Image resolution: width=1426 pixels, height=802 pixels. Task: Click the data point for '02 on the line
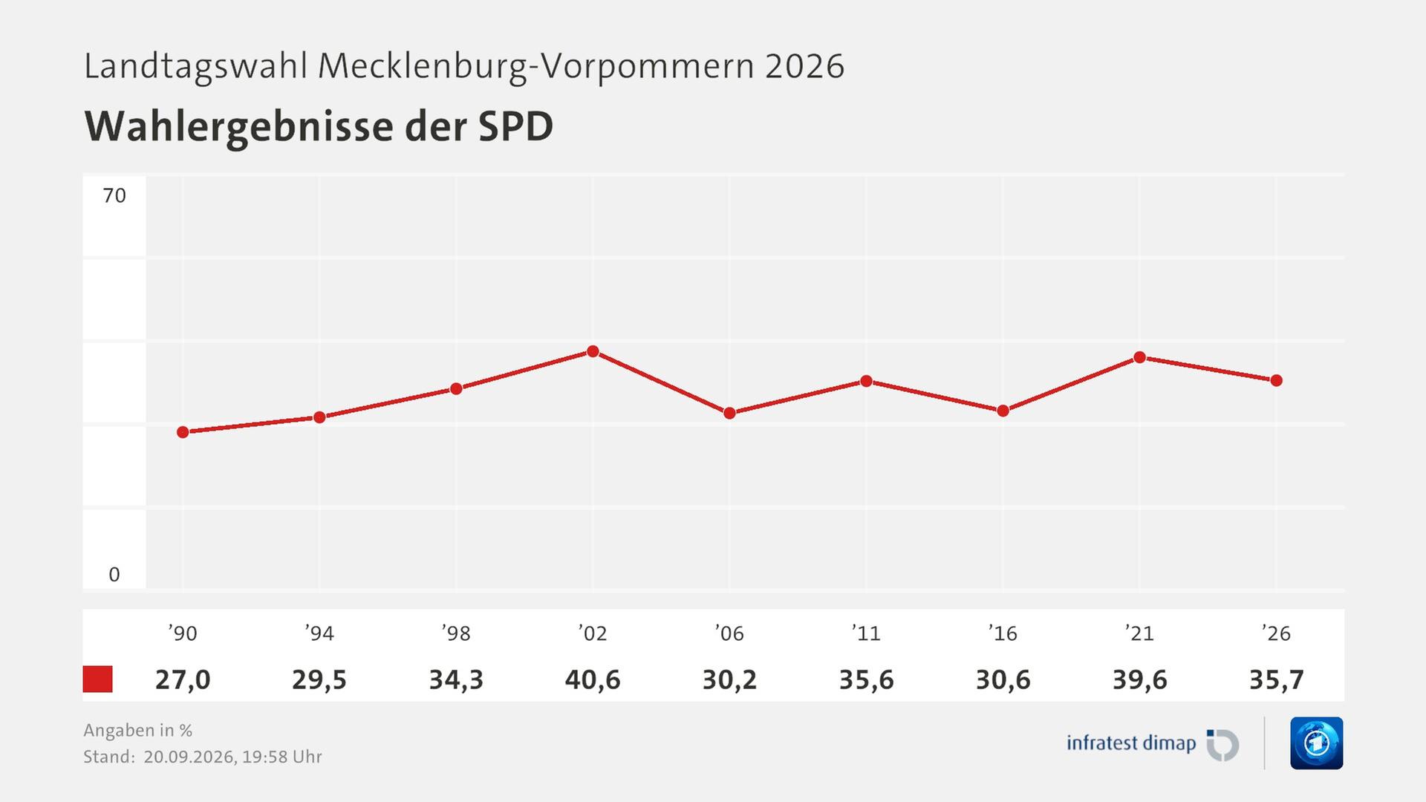[593, 351]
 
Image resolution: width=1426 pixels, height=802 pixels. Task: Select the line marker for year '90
[183, 432]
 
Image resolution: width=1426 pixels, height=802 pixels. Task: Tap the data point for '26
[1276, 380]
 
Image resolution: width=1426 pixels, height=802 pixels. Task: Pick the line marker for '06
[729, 413]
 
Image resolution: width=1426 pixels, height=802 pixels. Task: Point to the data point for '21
[1139, 357]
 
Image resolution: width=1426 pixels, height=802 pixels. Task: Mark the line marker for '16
[1003, 411]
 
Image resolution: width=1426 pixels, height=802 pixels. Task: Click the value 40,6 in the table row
[593, 679]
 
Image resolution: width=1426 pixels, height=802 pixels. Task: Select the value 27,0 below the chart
[183, 679]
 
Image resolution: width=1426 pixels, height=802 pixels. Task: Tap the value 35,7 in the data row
[1276, 679]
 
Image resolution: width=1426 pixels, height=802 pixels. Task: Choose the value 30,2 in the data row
[729, 679]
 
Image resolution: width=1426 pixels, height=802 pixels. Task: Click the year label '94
[319, 633]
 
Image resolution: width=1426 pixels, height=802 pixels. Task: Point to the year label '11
[866, 633]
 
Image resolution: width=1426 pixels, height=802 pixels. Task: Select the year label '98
[456, 633]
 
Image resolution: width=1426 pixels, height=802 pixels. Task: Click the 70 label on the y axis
[114, 195]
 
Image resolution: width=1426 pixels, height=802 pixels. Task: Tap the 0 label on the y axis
[114, 574]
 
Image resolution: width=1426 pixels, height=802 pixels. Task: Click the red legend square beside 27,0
[97, 679]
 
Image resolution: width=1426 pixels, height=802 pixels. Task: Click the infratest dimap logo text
[1131, 743]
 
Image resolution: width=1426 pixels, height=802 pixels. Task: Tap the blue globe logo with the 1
[1317, 743]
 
